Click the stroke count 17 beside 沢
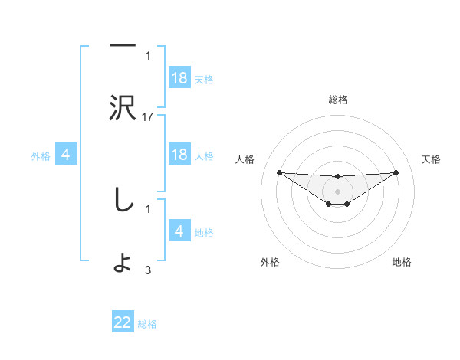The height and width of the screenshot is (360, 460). pos(148,117)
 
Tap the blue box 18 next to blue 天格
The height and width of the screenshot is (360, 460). pos(179,78)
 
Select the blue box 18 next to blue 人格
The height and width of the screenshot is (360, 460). pos(179,155)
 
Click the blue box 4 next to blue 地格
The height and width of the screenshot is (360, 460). pos(179,231)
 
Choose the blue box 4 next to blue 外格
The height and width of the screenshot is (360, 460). pos(66,155)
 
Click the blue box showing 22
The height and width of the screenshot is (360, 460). pos(123,323)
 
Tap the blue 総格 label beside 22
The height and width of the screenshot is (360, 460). pos(147,324)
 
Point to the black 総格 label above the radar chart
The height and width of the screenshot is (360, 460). pos(337,100)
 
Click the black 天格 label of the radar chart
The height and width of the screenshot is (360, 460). pos(432,159)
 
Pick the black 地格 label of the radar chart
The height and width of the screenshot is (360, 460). pos(402,262)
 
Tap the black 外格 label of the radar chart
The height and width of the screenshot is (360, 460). pos(270,262)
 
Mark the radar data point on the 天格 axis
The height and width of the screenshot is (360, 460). pos(396,172)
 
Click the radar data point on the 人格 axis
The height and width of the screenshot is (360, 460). pos(279,172)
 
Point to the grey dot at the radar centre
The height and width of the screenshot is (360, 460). pos(337,191)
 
